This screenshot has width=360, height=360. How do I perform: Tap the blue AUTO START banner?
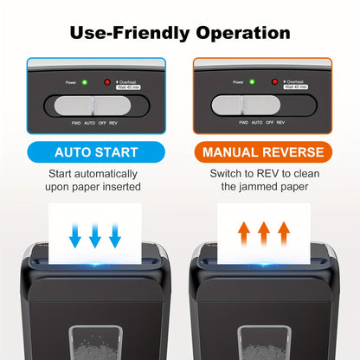[95, 152]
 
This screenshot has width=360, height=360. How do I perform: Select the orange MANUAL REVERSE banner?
[264, 152]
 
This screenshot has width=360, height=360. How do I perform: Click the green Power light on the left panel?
[83, 83]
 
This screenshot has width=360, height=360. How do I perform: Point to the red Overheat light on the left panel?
[107, 83]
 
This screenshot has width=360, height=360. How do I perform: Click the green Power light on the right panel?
[251, 83]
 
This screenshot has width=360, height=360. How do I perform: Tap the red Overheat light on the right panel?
[275, 83]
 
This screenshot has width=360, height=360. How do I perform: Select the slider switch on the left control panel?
[96, 106]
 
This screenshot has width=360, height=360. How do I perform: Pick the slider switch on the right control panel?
[264, 106]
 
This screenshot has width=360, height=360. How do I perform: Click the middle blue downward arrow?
[96, 234]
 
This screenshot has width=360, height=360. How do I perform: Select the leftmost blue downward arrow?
[74, 234]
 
